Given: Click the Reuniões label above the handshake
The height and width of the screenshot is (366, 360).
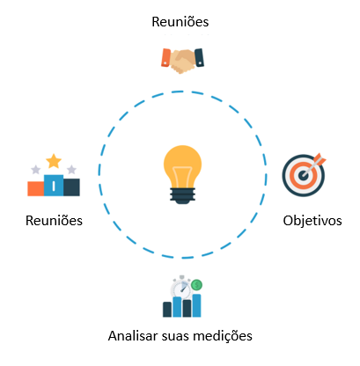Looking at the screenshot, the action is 180,22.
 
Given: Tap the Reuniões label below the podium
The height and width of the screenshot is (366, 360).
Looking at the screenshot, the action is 54,221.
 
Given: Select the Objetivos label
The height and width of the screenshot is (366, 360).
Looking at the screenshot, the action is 312,221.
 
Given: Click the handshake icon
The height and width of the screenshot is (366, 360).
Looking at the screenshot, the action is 182,61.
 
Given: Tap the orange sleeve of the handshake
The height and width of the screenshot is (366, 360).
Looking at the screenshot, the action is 165,57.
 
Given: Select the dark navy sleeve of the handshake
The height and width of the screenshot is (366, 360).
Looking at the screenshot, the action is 199,57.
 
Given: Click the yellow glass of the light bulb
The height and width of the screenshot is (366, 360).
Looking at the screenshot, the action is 182,166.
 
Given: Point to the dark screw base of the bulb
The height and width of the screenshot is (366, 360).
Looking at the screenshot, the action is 182,196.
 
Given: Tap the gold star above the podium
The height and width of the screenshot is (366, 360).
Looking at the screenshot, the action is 54,161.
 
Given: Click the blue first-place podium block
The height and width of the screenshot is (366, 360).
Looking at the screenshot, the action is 54,186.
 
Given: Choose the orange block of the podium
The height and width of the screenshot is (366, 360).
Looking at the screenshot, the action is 36,188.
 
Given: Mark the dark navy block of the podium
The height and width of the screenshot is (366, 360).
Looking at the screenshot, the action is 71,187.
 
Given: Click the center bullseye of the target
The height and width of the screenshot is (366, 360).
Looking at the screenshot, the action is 303,175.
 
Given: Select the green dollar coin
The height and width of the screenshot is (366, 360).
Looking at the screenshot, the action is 196,284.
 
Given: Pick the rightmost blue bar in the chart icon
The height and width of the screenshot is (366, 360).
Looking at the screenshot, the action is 196,305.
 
